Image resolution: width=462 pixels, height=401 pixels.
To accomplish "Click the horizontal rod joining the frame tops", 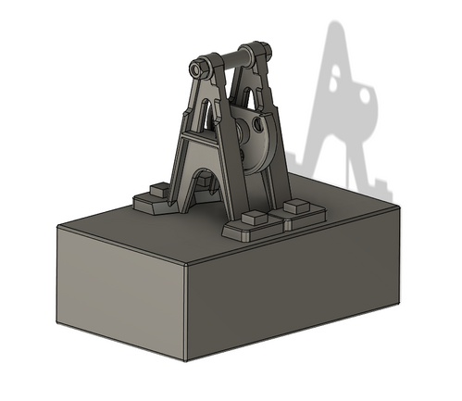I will click(x=230, y=60).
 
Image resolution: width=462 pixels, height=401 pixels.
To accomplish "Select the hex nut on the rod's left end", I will click(x=196, y=69).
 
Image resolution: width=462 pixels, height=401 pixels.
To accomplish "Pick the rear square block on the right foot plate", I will click(x=296, y=203).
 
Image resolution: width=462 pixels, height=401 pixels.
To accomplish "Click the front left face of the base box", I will click(x=120, y=292).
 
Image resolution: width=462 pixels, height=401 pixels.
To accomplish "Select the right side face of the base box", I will click(x=296, y=287).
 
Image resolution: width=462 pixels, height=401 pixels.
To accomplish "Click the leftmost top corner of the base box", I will click(x=56, y=227).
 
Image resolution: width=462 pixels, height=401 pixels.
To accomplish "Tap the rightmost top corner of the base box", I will click(x=401, y=206).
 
